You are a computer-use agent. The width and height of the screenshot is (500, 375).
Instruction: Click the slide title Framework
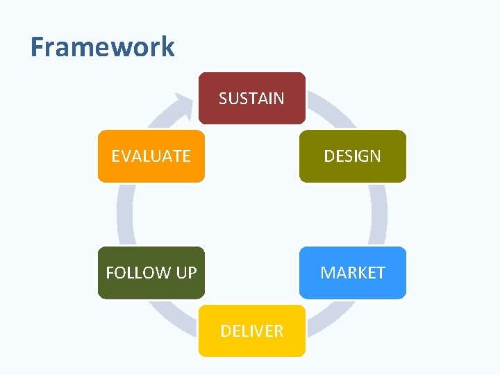102,47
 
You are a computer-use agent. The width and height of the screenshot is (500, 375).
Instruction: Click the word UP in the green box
186,273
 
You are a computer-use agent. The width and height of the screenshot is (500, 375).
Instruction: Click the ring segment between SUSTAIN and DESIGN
331,111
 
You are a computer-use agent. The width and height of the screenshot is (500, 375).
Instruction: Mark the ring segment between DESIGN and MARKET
378,214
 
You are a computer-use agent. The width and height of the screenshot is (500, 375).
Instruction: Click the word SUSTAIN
251,99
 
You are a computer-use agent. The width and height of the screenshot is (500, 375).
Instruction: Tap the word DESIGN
352,156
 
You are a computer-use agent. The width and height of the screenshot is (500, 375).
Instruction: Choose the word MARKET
352,273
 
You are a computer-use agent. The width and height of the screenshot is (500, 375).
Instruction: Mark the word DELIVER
251,331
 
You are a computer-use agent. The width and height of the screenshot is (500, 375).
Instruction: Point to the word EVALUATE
151,156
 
